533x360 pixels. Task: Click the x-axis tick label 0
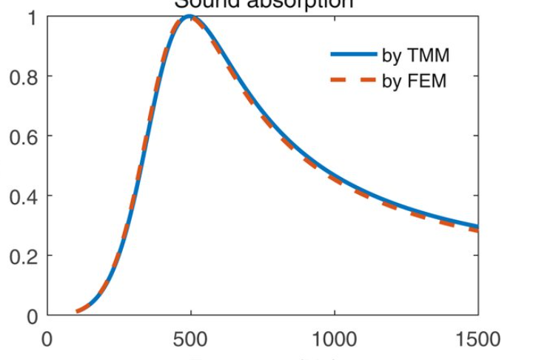(x=48, y=339)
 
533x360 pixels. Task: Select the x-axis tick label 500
(x=191, y=339)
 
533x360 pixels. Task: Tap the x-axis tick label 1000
(x=335, y=339)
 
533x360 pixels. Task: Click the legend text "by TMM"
(x=415, y=56)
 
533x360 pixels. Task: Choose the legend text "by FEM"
(x=415, y=81)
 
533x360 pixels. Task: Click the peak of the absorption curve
(x=190, y=16)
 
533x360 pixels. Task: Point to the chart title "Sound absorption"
(x=263, y=4)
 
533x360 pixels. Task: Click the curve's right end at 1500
(x=477, y=227)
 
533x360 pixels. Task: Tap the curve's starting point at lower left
(x=78, y=311)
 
